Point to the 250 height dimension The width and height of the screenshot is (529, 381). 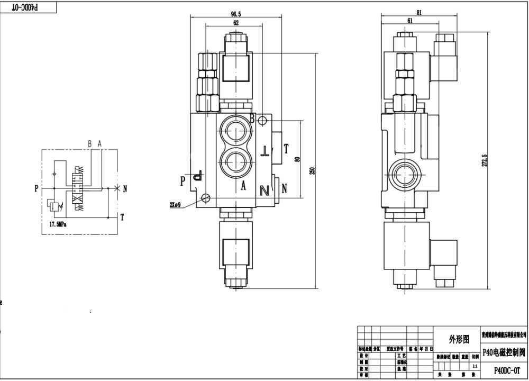tap(312, 170)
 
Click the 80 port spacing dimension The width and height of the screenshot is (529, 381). tap(297, 159)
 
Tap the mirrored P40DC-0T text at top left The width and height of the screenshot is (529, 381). tap(26, 7)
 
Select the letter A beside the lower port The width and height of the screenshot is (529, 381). tap(244, 185)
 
